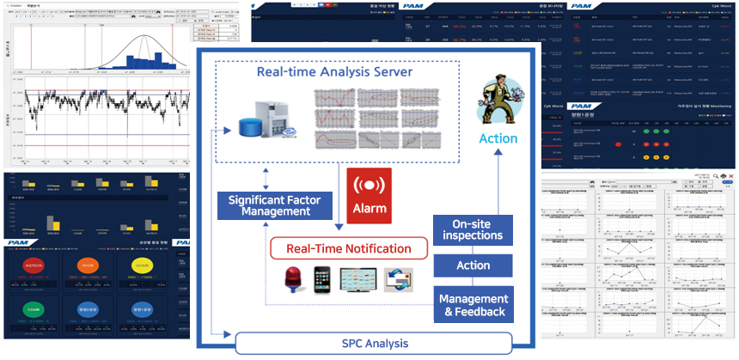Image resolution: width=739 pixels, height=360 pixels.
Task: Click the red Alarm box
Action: (369, 196)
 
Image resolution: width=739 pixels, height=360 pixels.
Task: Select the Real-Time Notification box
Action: (349, 249)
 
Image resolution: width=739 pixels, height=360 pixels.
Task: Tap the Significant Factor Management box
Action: (270, 206)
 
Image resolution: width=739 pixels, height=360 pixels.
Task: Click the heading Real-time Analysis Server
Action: (334, 71)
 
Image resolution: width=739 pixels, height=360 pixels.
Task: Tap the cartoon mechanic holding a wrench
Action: (498, 101)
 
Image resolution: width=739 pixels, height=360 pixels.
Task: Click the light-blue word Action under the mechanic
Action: (498, 138)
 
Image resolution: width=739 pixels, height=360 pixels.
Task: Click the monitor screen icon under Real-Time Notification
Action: (359, 280)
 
